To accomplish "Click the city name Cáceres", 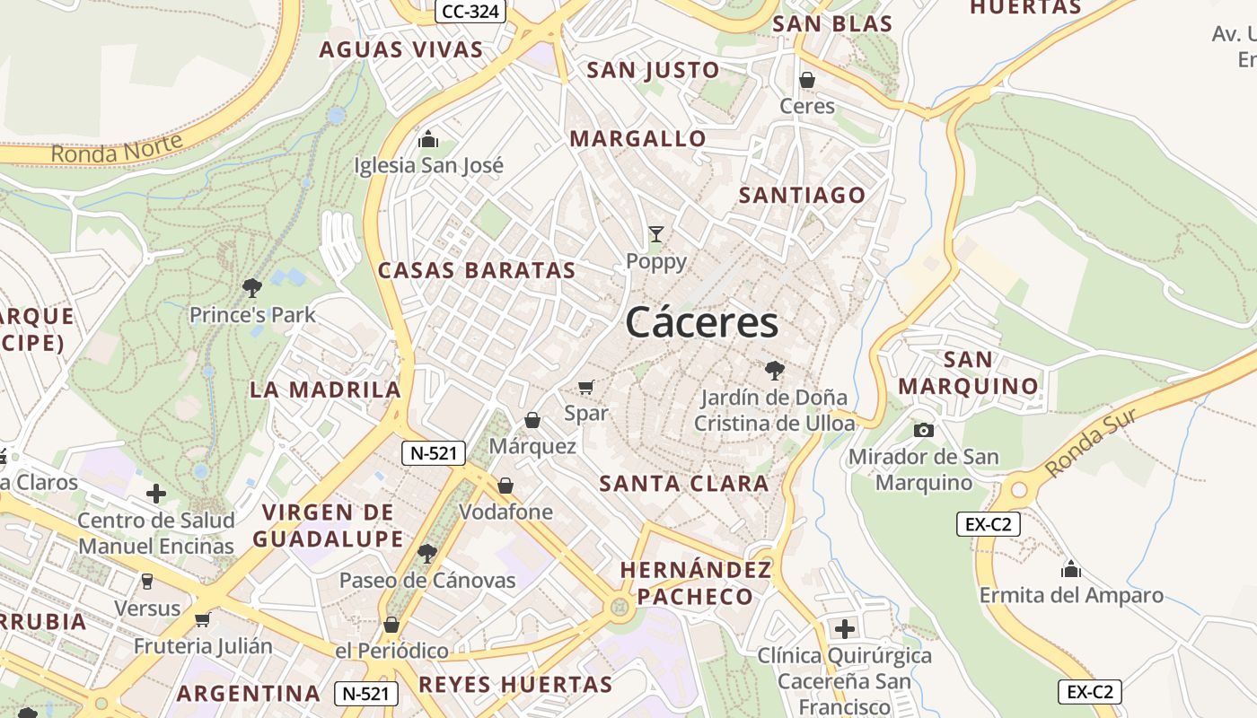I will point(701,322).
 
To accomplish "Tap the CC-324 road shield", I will point(470,12).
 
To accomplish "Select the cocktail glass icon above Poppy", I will point(656,234).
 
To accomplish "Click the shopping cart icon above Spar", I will point(586,387).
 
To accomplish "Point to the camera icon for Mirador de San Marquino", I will point(923,430).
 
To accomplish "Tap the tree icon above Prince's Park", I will point(252,287).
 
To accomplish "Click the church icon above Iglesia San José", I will point(428,139).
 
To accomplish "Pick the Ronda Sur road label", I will point(1091,442).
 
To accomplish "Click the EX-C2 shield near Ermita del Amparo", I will point(988,524).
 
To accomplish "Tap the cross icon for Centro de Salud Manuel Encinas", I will point(156,494).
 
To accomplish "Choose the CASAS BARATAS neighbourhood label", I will point(477,270).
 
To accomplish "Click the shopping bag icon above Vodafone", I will point(505,486).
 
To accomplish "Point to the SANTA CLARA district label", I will point(683,484).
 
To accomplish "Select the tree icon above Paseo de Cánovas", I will point(427,553).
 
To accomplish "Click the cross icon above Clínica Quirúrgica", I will point(844,628).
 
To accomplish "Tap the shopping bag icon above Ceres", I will point(807,80).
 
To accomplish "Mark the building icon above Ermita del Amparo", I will point(1070,568).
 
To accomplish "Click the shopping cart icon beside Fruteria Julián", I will point(203,619).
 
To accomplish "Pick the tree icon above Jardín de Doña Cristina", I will point(774,370).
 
